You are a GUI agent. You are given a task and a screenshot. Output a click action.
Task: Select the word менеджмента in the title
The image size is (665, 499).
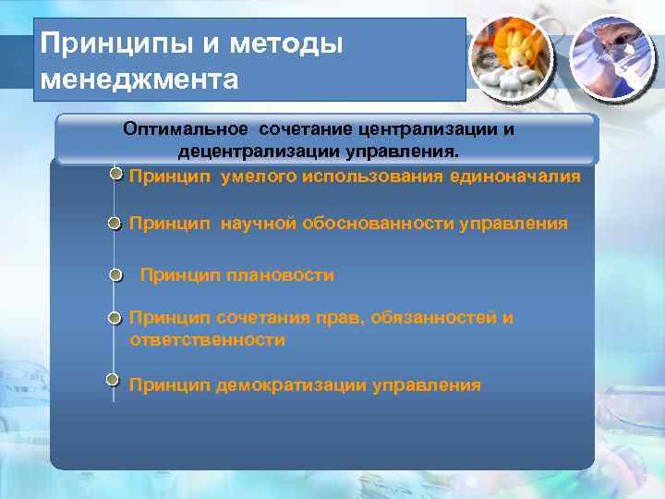click(139, 80)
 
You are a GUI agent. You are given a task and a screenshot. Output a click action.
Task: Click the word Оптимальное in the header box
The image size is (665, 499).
click(188, 129)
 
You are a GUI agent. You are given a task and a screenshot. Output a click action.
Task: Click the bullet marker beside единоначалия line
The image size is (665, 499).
click(115, 174)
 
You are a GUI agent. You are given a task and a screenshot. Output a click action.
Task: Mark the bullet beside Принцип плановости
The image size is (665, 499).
click(115, 274)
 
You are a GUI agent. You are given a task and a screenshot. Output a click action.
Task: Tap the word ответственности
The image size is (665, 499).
click(207, 340)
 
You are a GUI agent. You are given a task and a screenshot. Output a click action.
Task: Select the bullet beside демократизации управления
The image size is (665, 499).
click(113, 379)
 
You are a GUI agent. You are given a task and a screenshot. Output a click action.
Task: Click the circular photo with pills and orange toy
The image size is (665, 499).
click(511, 59)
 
